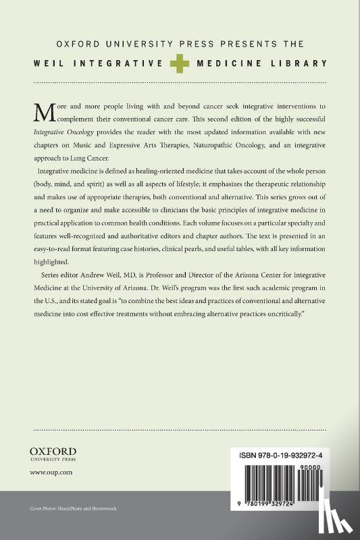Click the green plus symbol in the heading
click(180, 63)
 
